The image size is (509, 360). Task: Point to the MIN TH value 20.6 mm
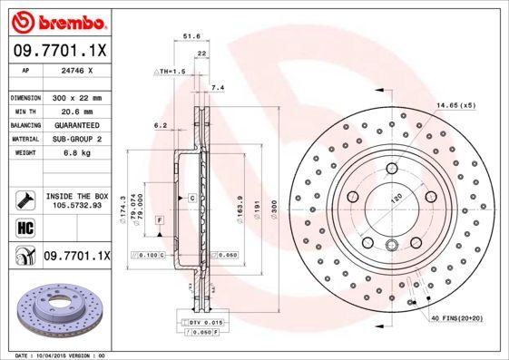(x=72, y=111)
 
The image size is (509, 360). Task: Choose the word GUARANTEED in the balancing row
(x=75, y=124)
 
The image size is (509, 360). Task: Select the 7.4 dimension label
(x=217, y=88)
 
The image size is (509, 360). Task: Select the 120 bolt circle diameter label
(x=396, y=198)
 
